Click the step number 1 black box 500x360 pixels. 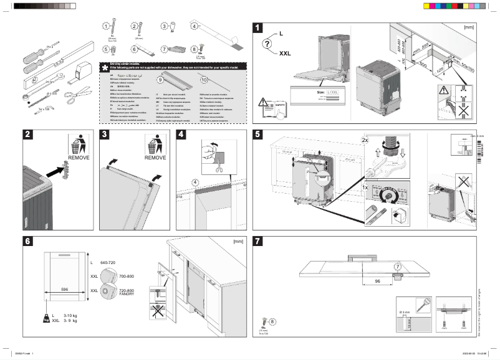(258, 27)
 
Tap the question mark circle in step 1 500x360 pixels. (267, 44)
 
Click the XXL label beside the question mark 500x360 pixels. (285, 54)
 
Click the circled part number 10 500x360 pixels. (204, 80)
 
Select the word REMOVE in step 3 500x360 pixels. (155, 158)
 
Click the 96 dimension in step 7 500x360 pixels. (377, 281)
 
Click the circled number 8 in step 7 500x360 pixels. (272, 321)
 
